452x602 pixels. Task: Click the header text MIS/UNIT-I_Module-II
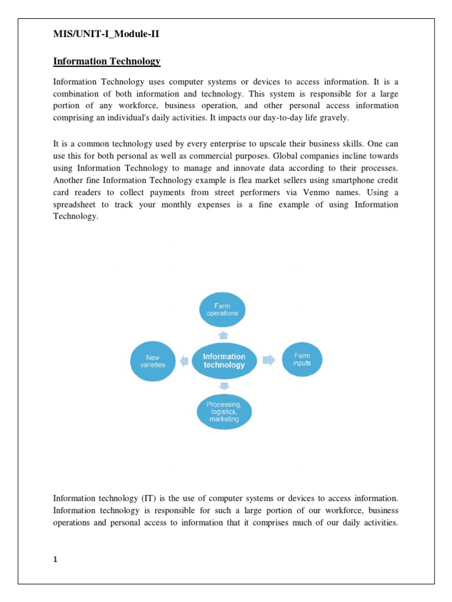coord(106,34)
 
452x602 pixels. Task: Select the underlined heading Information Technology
coord(107,61)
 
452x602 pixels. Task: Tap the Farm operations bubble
coord(222,310)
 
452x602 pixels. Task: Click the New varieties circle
coord(152,360)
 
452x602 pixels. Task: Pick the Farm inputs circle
coord(301,359)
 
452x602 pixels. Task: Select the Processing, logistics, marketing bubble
coord(223,411)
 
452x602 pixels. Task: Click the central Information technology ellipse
coord(224,360)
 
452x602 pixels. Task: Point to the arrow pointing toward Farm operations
coord(223,335)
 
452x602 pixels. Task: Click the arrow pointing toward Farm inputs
coord(268,360)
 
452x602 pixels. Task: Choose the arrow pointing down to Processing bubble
coord(223,386)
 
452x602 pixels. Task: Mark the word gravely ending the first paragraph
coord(334,118)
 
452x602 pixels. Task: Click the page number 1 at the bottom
coord(55,560)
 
